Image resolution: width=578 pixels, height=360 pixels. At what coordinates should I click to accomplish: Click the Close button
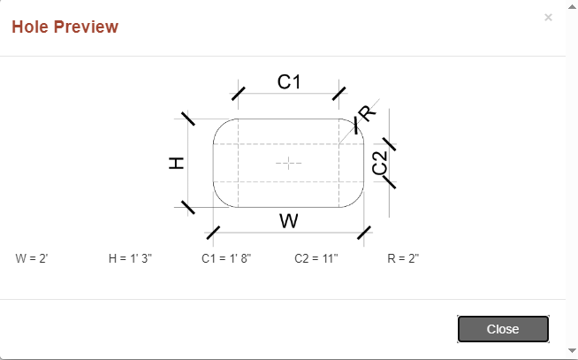[503, 329]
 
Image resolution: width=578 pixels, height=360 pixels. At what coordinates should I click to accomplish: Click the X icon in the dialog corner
[548, 18]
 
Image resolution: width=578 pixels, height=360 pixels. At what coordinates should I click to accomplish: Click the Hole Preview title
[65, 27]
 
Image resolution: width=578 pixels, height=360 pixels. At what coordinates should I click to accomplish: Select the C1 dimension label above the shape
[289, 81]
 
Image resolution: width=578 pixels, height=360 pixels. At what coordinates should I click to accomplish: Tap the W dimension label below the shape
[289, 221]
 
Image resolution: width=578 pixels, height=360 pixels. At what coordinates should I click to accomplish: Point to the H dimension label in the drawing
[176, 163]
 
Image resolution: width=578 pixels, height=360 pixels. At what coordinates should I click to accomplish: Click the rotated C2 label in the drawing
[380, 163]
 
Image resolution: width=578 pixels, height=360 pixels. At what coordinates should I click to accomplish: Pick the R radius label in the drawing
[367, 113]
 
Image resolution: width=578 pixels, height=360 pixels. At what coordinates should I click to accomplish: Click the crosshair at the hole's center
[289, 163]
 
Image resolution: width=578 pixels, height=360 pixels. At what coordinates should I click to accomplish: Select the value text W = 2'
[32, 258]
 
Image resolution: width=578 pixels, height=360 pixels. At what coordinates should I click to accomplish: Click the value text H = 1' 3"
[130, 258]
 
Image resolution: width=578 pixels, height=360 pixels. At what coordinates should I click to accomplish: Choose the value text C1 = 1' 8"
[226, 258]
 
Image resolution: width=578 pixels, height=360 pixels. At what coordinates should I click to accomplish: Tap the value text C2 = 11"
[316, 258]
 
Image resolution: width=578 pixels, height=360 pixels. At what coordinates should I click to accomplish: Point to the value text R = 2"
[403, 258]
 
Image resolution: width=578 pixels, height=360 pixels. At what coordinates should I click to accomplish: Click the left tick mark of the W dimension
[213, 233]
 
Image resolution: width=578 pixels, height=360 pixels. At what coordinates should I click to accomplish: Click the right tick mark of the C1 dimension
[339, 94]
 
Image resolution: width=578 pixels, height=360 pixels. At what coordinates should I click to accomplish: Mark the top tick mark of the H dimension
[188, 119]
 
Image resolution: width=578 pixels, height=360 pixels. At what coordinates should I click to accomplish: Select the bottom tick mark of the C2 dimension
[389, 182]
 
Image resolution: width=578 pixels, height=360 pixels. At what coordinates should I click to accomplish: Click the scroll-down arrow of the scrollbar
[572, 350]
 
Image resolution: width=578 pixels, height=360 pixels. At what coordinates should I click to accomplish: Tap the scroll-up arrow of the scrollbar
[572, 7]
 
